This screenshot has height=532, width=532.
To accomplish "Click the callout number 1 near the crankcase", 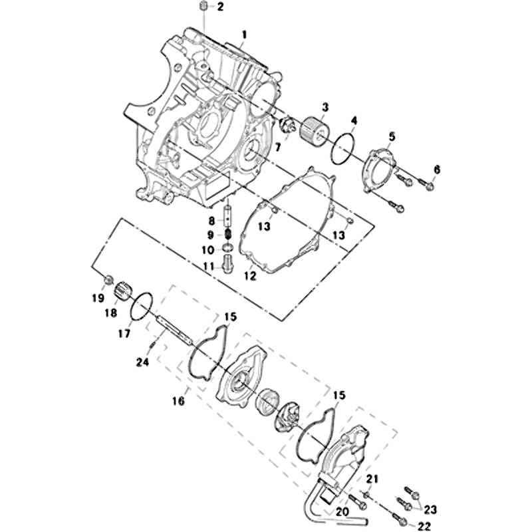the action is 244,35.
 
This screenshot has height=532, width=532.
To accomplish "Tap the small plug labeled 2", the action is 203,6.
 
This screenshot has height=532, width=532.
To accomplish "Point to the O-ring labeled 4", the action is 343,148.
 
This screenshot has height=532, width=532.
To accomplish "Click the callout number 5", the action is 392,137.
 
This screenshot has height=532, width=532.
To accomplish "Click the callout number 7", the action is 277,147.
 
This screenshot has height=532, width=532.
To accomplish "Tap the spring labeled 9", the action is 227,234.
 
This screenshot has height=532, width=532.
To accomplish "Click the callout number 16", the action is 250,276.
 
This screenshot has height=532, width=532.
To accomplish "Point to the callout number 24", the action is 142,362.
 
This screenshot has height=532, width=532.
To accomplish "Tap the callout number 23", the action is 430,509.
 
